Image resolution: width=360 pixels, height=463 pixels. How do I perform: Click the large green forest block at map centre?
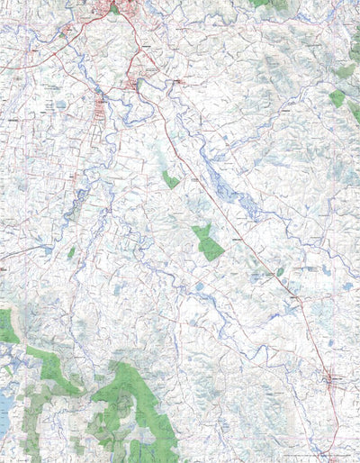pyautogui.click(x=207, y=241)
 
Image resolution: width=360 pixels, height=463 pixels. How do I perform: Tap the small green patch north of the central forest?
pyautogui.click(x=170, y=179)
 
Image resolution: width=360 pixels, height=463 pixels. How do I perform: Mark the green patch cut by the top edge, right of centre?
pyautogui.click(x=261, y=3)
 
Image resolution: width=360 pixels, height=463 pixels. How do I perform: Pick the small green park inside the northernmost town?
pyautogui.click(x=114, y=9)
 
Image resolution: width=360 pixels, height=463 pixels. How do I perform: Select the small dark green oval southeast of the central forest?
pyautogui.click(x=280, y=271)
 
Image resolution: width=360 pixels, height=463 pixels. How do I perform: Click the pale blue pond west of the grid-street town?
pyautogui.click(x=59, y=105)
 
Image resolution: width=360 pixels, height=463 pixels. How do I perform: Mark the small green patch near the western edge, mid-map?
pyautogui.click(x=70, y=253)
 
